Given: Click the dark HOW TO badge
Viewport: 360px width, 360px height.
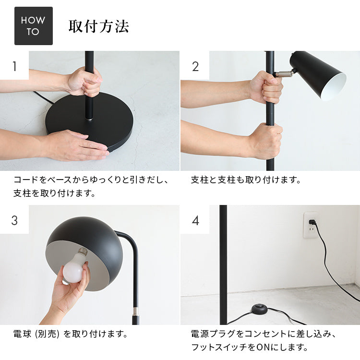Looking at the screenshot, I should point(33,26).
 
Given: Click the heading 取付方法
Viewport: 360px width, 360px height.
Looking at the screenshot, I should point(98,26).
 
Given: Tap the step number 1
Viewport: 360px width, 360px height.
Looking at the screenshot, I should point(14,66).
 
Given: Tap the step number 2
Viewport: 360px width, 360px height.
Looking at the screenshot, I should point(195,66).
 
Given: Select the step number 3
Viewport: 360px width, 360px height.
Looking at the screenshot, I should point(14,220).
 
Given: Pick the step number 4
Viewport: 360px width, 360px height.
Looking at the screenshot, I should point(195,221).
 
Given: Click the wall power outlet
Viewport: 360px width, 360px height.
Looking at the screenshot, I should point(311,225).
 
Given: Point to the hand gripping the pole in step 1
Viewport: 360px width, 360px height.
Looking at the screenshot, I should point(84,81).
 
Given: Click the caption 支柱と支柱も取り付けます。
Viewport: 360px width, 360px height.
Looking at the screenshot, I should point(246,180).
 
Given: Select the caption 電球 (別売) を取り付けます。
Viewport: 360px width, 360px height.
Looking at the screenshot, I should point(70,333).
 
